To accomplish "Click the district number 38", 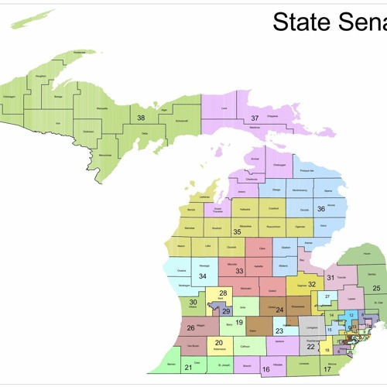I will [x=141, y=118].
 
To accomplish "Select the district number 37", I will [x=254, y=118].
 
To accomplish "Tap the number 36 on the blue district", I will [x=320, y=208].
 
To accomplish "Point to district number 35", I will [x=238, y=231].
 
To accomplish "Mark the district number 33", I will [x=239, y=271].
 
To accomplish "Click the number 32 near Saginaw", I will [x=312, y=285].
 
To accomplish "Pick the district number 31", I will [x=330, y=277].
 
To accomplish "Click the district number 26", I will [x=191, y=327].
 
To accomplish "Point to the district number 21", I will [x=188, y=367].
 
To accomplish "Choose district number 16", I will [x=265, y=370].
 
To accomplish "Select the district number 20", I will [x=219, y=342].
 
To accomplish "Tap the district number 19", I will [x=239, y=322].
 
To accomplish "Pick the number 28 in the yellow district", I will [x=223, y=293].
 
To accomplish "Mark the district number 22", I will [x=310, y=348].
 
